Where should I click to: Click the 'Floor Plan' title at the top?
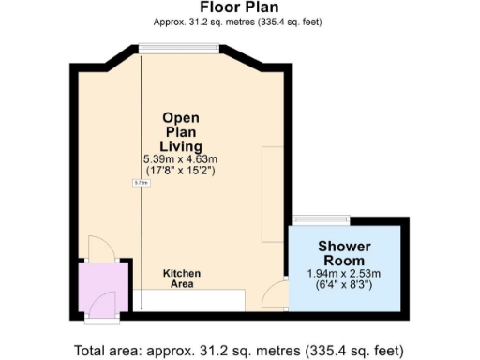click(x=239, y=7)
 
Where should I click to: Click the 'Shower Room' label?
click(x=345, y=252)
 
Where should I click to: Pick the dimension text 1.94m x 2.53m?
click(x=345, y=273)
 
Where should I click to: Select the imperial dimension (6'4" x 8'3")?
click(x=345, y=284)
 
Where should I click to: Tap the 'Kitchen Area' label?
click(x=182, y=278)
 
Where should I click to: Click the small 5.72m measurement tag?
click(x=141, y=183)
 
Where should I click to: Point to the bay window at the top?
click(x=180, y=48)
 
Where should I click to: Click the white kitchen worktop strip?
click(x=187, y=301)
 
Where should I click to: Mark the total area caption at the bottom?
click(x=239, y=351)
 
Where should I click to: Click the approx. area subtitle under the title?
click(x=239, y=22)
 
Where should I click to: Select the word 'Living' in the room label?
click(x=181, y=145)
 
